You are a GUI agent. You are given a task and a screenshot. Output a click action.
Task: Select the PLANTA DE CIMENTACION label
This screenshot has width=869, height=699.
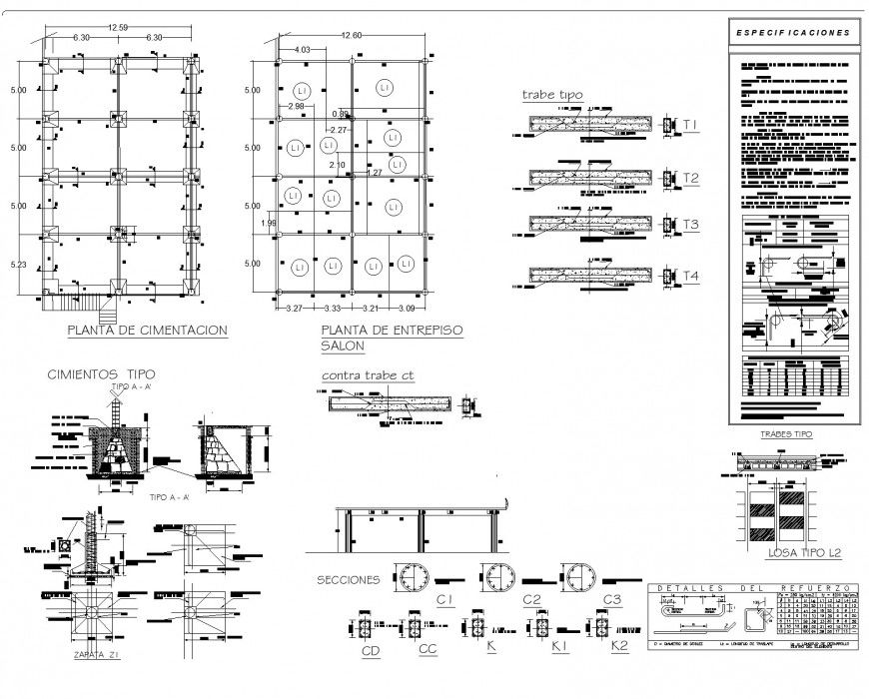[147, 330]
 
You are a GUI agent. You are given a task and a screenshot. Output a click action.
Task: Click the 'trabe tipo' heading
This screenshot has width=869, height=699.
[552, 95]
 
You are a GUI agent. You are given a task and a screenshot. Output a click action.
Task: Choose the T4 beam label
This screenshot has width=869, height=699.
[690, 275]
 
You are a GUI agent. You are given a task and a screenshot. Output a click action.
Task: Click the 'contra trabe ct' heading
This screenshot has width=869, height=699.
[369, 375]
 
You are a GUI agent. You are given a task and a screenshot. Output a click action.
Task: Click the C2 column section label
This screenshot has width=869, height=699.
[531, 599]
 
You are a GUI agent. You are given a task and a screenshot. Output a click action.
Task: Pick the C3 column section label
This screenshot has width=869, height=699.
[612, 599]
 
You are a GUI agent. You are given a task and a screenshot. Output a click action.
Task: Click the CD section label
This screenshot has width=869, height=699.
[370, 651]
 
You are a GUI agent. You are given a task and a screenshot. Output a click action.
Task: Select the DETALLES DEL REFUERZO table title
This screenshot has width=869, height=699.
[750, 588]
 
